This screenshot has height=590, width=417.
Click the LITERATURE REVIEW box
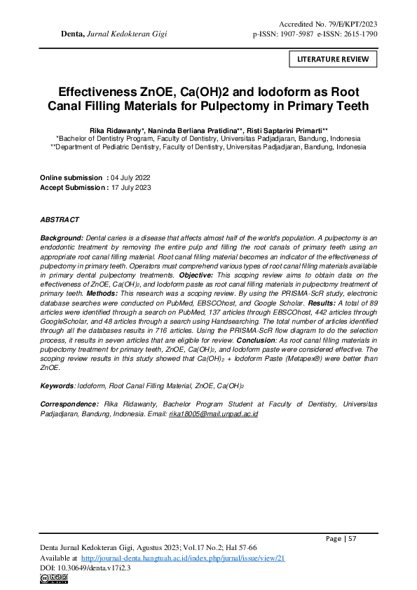(333, 59)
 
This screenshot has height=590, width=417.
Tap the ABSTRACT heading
(60, 220)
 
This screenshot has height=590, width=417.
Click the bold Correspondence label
(69, 404)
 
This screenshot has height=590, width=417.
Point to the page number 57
(353, 539)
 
